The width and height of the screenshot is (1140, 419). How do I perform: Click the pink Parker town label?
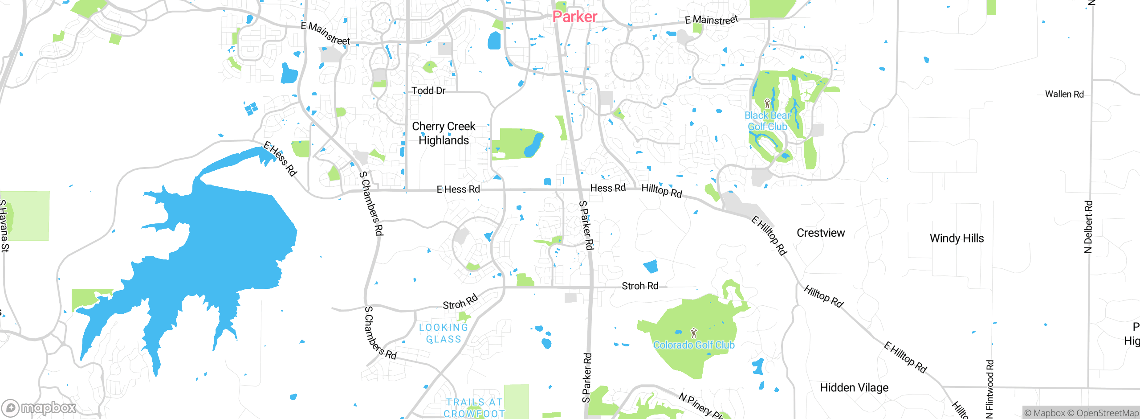tap(574, 17)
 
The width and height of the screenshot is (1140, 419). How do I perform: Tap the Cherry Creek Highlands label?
tap(444, 133)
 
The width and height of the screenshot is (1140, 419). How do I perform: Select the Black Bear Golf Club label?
tap(767, 121)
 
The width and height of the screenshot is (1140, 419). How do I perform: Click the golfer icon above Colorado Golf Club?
tap(693, 333)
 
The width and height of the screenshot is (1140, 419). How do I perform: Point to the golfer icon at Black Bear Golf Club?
tap(767, 104)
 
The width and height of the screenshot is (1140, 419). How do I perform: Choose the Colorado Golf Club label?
tap(694, 345)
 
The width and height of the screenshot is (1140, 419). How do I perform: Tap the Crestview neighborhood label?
tap(820, 233)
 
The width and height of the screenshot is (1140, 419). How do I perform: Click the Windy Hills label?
tap(957, 238)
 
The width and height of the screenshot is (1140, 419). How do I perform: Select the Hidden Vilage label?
tap(854, 387)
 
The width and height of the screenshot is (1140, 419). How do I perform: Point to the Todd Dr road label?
tap(428, 90)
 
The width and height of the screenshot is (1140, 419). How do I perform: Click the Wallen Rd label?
tap(1064, 94)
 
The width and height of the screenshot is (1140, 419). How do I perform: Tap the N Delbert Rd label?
tap(1088, 227)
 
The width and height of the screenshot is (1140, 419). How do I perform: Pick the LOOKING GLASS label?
tap(444, 333)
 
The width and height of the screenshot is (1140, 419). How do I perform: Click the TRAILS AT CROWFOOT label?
tap(474, 408)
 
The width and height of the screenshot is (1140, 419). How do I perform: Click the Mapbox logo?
tap(39, 408)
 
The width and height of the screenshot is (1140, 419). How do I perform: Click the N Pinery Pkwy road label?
tap(701, 405)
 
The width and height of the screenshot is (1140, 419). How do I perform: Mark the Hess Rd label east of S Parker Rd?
tap(607, 188)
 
